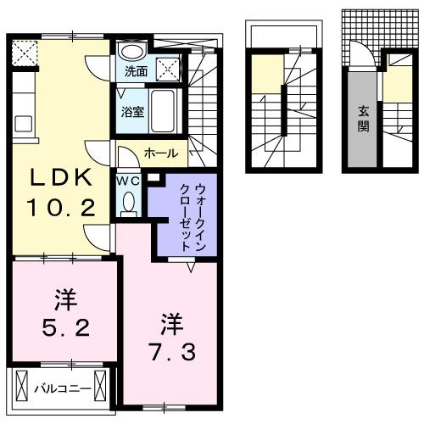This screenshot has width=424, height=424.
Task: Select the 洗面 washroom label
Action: (135, 72)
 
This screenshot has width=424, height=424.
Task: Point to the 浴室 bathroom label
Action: (131, 110)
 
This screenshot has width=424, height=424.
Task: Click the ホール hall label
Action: (160, 153)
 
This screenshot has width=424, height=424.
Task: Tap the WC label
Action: (128, 180)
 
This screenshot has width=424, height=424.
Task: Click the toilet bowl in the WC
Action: (129, 204)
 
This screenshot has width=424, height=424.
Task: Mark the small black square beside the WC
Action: (154, 178)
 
